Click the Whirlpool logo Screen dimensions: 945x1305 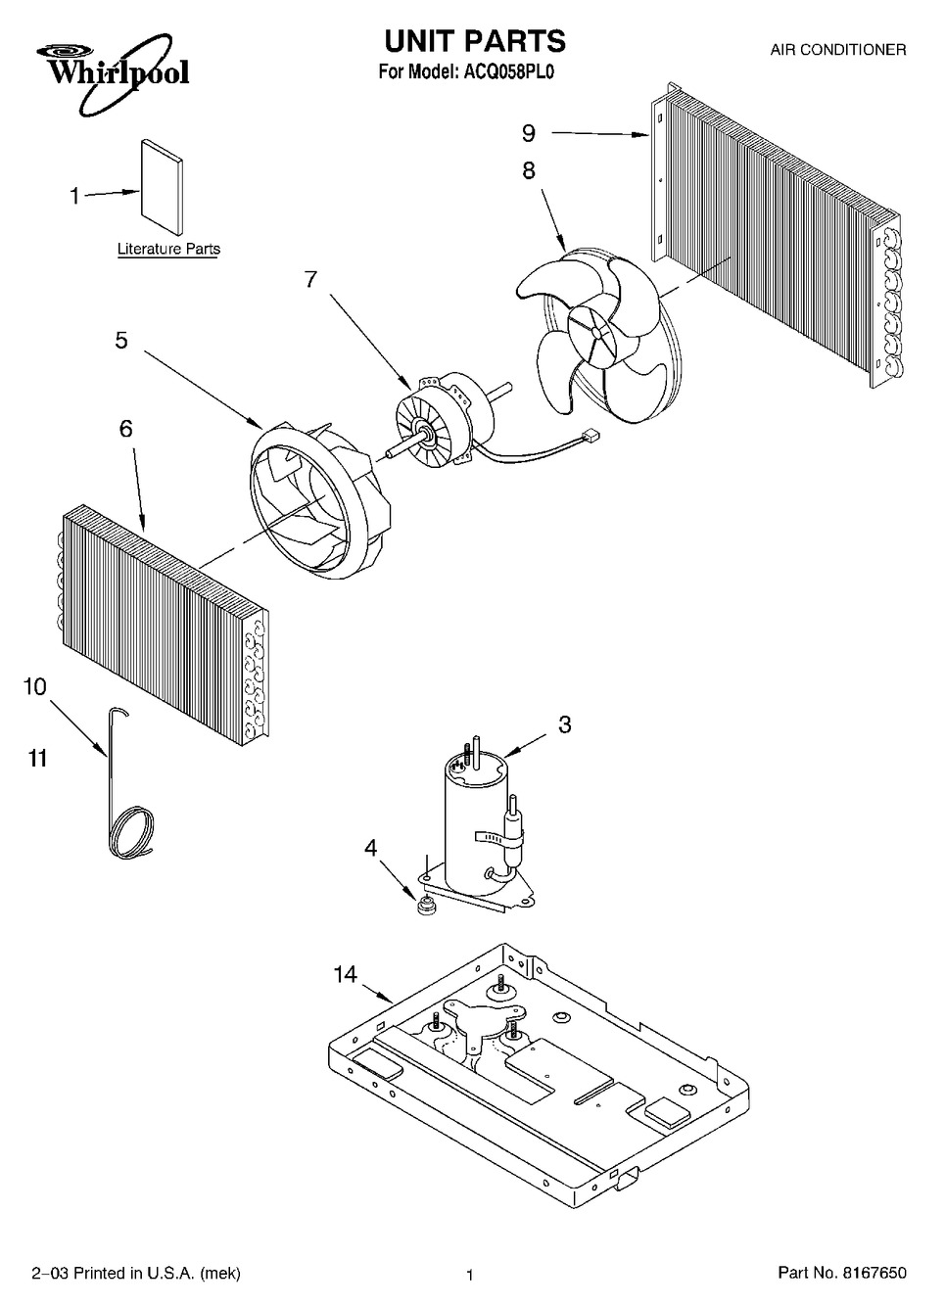pos(113,72)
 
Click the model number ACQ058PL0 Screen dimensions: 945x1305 pos(507,71)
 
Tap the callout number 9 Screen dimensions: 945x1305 pos(528,134)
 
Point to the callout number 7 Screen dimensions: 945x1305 pos(311,280)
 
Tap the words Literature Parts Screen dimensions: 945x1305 pos(169,249)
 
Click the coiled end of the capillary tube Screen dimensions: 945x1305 pos(132,832)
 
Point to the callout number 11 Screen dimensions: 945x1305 pos(38,759)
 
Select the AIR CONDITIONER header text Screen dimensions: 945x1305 pos(838,50)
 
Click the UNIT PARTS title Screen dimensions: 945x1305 pos(474,41)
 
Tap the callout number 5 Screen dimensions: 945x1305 pos(121,341)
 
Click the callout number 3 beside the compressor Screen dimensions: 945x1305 pos(565,724)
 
